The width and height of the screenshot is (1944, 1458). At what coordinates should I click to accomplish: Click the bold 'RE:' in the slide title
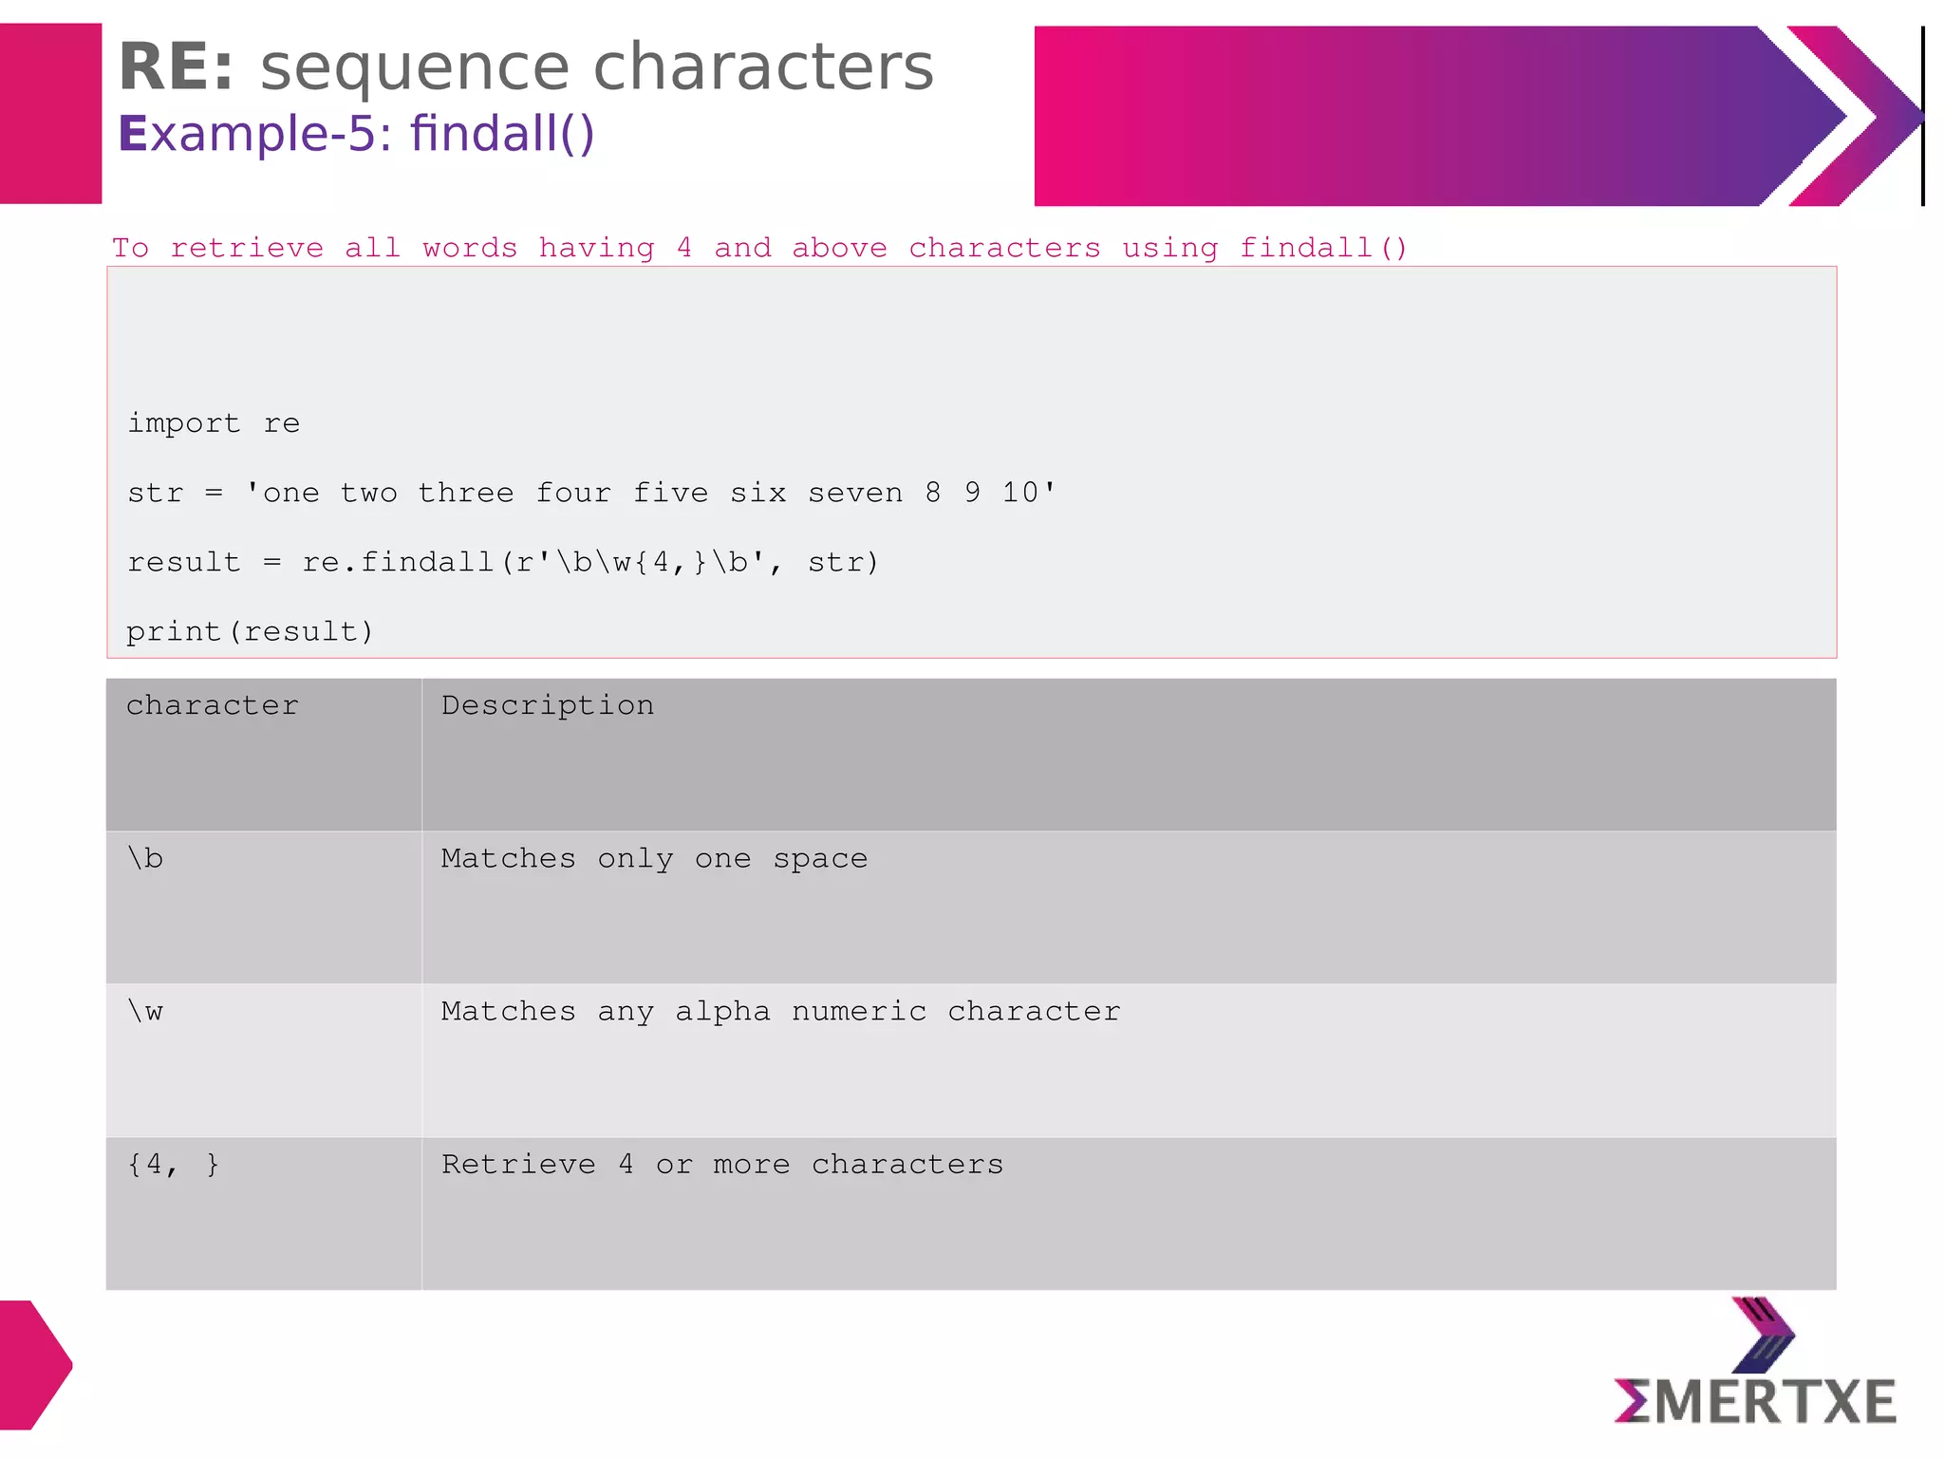coord(176,68)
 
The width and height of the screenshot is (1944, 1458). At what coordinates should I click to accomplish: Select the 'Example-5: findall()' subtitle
coord(356,134)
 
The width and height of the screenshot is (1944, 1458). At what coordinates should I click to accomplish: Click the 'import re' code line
coord(214,423)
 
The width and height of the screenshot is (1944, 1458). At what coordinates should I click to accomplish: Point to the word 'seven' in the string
coord(855,493)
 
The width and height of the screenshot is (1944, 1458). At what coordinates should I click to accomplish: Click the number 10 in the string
coord(1020,493)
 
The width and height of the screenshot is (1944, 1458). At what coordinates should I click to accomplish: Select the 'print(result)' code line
coord(250,631)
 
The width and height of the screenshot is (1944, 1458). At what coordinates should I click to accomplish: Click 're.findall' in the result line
coord(398,562)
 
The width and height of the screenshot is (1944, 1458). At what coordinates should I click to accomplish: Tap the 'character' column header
coord(213,705)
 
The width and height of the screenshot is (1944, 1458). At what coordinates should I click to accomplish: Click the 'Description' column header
coord(548,705)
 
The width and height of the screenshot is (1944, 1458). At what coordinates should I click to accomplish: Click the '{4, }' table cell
coord(174,1165)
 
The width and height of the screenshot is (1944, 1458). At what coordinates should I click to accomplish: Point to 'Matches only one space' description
coord(654,858)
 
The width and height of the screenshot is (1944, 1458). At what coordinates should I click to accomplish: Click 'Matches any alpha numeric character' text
coord(780,1012)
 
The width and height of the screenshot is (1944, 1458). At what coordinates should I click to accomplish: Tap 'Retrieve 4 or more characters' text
coord(721,1165)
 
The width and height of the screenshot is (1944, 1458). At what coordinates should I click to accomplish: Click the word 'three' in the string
coord(466,493)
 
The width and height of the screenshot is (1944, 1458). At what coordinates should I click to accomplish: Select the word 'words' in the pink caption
coord(470,248)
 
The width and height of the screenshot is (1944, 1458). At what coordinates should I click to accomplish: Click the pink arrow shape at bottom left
coord(34,1364)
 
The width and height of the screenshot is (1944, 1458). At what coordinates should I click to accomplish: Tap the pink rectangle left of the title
coord(50,114)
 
